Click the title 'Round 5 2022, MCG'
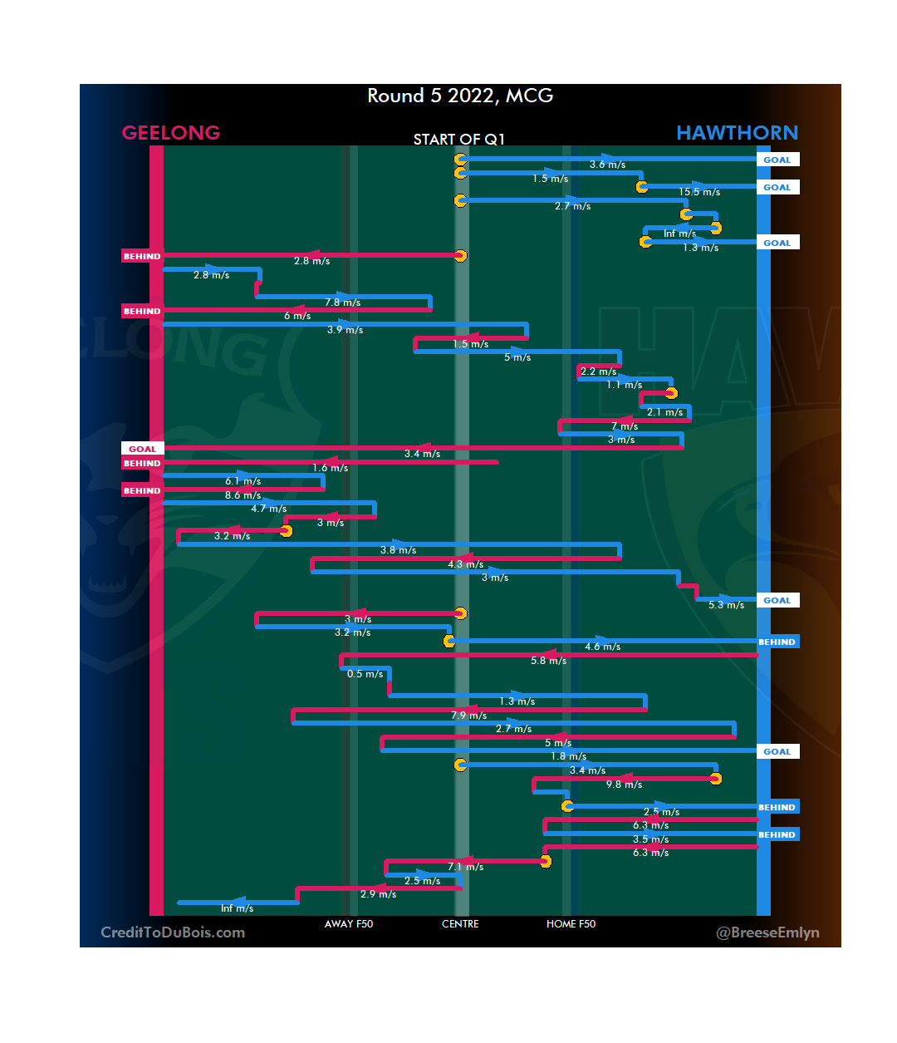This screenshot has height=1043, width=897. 460,96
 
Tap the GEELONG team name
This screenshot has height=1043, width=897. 170,133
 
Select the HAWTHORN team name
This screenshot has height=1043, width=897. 737,133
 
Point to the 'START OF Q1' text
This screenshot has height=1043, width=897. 459,140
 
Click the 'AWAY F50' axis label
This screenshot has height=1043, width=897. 349,924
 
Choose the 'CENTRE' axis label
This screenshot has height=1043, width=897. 460,924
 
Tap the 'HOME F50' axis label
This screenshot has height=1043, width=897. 571,924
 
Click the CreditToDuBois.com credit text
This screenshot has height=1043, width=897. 173,932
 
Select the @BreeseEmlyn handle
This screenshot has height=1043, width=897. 767,932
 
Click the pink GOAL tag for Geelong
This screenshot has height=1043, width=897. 142,449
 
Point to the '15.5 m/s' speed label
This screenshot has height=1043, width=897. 699,192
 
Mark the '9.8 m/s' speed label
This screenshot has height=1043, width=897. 624,785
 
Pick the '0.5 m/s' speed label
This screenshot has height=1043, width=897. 365,674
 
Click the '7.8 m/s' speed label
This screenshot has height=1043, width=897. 342,303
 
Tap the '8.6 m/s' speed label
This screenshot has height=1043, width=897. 243,495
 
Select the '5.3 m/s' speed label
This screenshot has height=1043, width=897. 726,605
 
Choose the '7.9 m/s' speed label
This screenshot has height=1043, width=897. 468,716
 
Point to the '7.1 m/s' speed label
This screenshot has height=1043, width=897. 465,867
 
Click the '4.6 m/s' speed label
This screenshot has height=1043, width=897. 602,647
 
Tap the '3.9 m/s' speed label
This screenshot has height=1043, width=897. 345,330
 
